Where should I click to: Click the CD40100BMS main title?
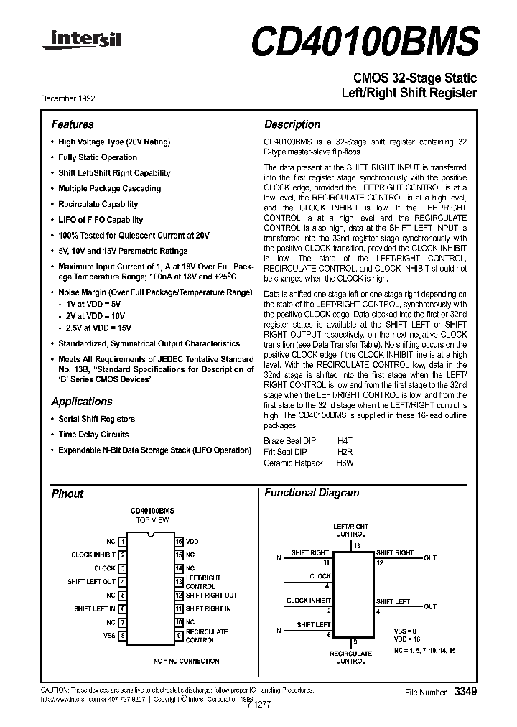tap(363, 40)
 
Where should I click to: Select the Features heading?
tap(73, 124)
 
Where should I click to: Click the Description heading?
tap(292, 124)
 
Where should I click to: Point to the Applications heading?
tap(82, 402)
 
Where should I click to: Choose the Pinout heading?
tap(67, 494)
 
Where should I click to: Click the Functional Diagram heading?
tap(312, 493)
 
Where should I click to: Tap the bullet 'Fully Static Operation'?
tap(98, 157)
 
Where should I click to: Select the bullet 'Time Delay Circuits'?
tap(93, 435)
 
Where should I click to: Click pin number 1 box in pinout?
tap(123, 541)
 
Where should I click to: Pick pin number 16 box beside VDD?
tap(179, 541)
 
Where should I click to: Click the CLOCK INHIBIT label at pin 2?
tap(93, 555)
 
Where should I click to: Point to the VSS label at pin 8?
tap(109, 635)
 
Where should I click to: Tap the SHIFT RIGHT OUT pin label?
tap(211, 595)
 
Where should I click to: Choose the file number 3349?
tap(465, 691)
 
